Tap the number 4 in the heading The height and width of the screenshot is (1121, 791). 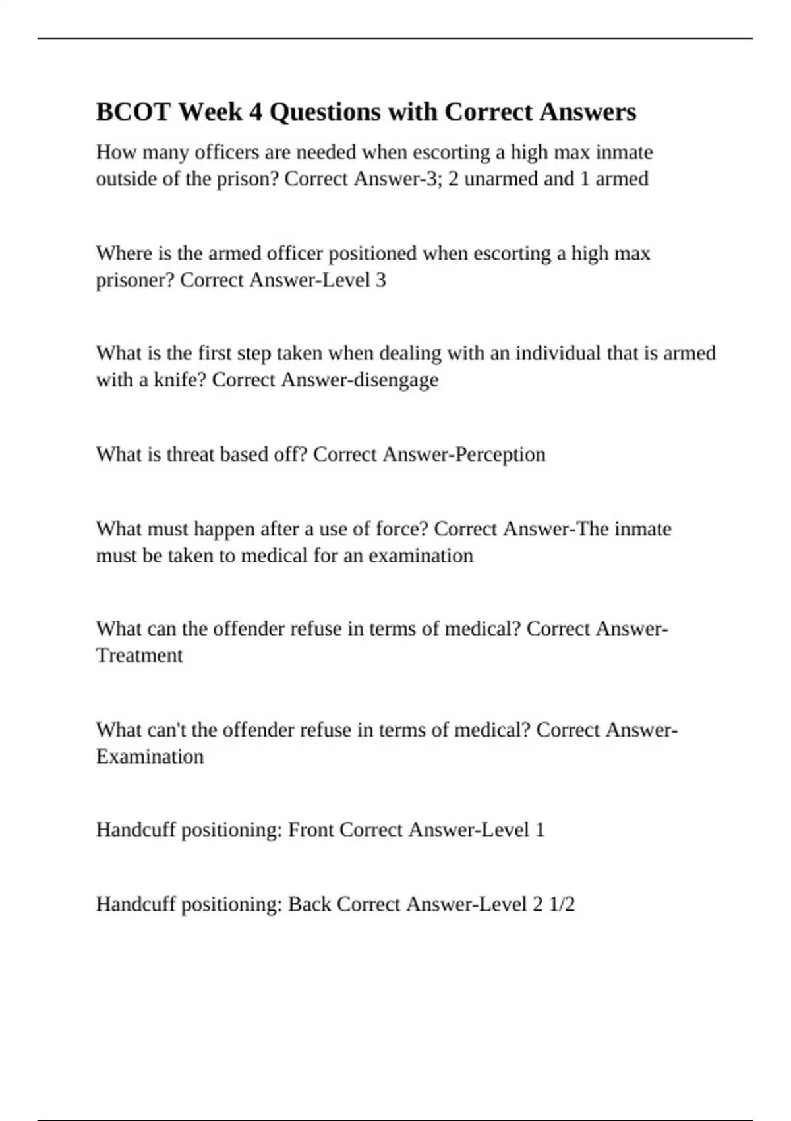click(x=254, y=112)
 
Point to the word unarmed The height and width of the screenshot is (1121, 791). click(x=501, y=179)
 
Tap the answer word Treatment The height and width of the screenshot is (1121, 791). click(x=139, y=655)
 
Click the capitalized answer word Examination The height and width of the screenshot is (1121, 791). click(x=150, y=756)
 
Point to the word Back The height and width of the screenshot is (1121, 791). click(x=310, y=904)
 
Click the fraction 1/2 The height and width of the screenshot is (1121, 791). click(x=562, y=904)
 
